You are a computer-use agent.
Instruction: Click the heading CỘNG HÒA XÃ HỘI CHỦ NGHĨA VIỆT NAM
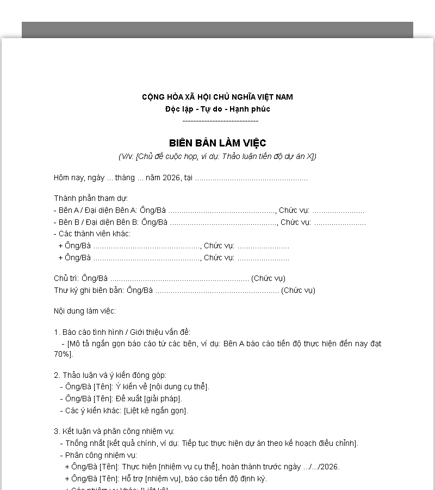tap(217, 97)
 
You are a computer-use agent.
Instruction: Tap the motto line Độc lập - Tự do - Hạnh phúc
tap(217, 109)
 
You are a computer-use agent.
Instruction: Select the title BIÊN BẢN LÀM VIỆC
tap(217, 143)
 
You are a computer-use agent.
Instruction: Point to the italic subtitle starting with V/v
tap(217, 156)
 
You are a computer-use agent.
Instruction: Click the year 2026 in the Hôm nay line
tap(171, 178)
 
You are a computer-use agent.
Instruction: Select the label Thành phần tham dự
tap(91, 198)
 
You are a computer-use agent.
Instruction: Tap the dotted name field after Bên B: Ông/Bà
tap(223, 222)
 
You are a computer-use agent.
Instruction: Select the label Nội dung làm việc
tap(85, 311)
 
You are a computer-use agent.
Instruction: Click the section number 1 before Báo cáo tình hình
tap(56, 332)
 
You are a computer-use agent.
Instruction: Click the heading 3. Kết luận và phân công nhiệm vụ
tap(114, 431)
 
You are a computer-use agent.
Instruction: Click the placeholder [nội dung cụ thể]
tap(178, 387)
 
